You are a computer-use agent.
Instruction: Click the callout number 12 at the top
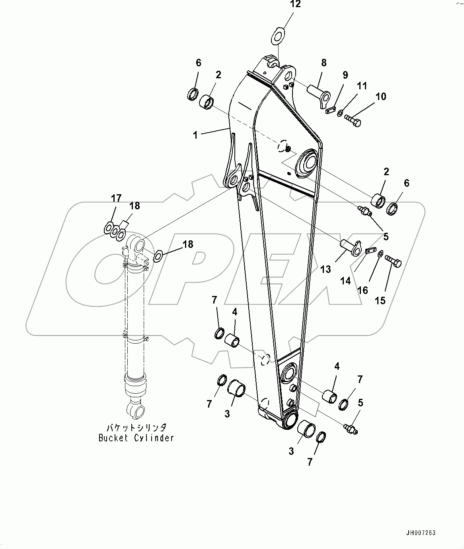(295, 5)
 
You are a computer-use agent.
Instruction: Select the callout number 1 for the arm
(195, 135)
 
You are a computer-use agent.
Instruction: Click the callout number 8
(324, 62)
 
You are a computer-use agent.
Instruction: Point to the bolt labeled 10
(353, 119)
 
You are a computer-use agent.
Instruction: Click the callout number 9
(345, 75)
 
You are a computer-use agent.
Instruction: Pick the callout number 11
(362, 86)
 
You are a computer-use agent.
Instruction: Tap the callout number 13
(325, 269)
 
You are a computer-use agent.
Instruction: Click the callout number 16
(363, 290)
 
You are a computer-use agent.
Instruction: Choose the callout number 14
(345, 281)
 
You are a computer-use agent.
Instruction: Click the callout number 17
(116, 198)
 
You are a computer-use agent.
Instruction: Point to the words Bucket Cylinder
(136, 438)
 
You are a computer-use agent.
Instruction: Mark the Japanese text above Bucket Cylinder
(136, 428)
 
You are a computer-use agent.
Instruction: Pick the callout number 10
(381, 96)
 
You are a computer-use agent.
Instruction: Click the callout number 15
(380, 300)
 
